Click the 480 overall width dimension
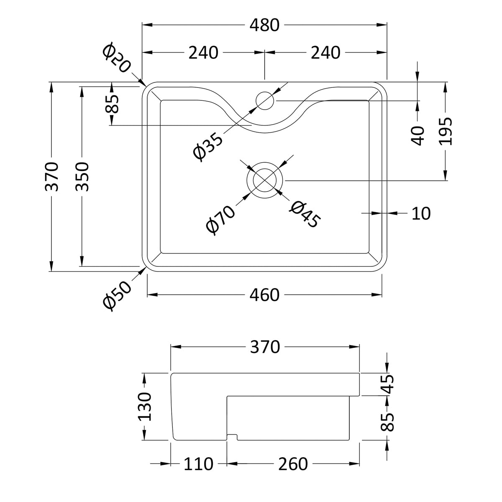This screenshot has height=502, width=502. point(264,26)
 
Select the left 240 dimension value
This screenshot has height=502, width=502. point(203,53)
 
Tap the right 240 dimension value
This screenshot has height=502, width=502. point(325,53)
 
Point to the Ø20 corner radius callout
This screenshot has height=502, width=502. point(116,58)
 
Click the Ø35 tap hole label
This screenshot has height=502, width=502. point(208,146)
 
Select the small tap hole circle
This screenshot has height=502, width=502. point(265,101)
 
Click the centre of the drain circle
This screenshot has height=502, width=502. point(265,180)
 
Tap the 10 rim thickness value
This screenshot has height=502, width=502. point(421,213)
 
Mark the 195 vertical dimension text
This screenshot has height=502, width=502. point(446,131)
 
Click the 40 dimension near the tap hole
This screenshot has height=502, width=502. point(417,135)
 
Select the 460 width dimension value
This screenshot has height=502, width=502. point(264,295)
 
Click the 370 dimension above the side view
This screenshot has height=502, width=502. point(265,347)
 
